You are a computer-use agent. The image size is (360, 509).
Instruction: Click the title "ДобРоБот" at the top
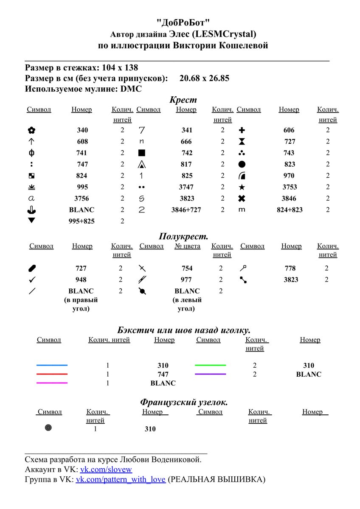(x=183, y=22)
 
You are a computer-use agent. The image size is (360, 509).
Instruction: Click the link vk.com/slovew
(x=106, y=470)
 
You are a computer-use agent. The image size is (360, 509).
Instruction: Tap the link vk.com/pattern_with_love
(x=121, y=480)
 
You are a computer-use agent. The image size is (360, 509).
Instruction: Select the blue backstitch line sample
(x=52, y=365)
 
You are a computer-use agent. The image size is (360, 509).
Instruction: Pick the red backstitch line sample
(x=52, y=374)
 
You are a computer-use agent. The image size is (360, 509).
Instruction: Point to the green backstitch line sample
(x=210, y=365)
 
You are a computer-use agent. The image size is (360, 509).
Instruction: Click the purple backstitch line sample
(x=210, y=374)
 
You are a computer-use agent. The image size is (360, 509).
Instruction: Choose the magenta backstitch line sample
(x=52, y=383)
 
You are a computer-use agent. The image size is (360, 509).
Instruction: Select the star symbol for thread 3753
(x=242, y=187)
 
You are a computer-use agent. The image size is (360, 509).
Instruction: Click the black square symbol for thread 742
(x=142, y=153)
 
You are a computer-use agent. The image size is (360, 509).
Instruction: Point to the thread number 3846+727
(x=186, y=210)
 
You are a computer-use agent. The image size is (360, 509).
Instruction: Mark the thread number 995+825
(x=82, y=221)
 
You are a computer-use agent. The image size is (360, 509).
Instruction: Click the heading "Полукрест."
(x=183, y=237)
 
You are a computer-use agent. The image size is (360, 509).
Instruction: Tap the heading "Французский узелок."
(x=183, y=402)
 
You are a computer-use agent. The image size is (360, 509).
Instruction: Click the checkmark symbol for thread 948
(x=32, y=280)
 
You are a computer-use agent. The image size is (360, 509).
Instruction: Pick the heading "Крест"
(x=183, y=100)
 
